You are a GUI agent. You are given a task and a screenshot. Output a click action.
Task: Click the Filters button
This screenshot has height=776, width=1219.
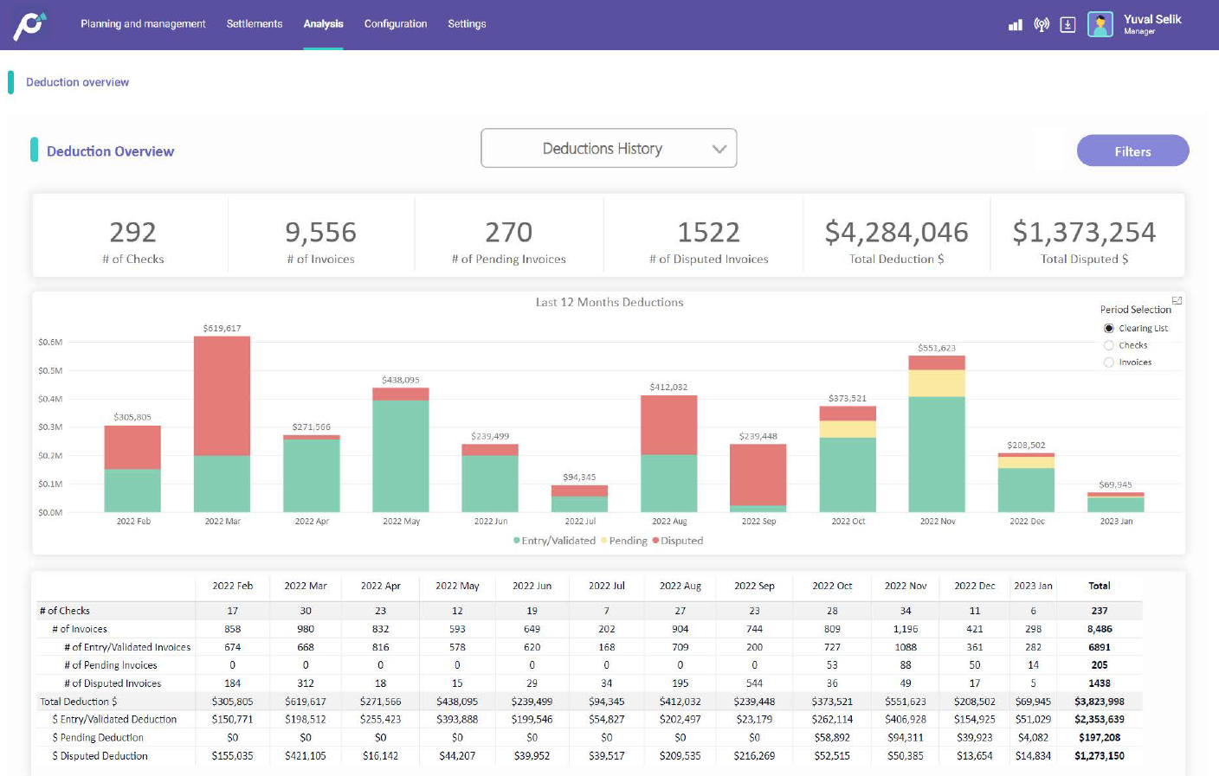click(1132, 151)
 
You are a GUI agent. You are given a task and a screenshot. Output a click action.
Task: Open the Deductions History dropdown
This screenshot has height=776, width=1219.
click(609, 149)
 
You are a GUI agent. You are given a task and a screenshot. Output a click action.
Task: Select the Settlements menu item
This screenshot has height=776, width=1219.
click(255, 24)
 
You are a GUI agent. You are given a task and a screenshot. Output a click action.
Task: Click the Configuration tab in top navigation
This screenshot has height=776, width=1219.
click(396, 24)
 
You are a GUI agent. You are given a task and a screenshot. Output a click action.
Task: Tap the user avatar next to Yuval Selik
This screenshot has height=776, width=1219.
click(1100, 24)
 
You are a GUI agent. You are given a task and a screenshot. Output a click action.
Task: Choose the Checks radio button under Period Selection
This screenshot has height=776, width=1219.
click(1109, 345)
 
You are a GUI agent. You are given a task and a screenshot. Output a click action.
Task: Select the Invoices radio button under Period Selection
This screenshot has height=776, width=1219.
click(1109, 362)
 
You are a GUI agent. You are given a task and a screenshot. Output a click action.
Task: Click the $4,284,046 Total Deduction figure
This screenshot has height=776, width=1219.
click(896, 233)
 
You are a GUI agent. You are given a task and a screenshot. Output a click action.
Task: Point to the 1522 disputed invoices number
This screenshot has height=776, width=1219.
click(708, 233)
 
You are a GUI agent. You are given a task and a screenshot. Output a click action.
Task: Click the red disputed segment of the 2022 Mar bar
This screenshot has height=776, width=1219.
click(222, 395)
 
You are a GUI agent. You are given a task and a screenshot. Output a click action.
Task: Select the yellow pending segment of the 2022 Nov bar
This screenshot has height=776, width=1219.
click(937, 383)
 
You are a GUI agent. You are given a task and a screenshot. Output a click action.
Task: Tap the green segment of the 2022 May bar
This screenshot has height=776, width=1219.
click(401, 455)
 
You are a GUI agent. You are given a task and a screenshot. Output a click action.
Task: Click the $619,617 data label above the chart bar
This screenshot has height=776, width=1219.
click(222, 329)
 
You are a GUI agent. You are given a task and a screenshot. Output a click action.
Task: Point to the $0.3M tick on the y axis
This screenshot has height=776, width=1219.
click(50, 427)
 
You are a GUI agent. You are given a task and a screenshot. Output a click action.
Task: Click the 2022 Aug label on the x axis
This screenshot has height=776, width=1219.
click(669, 522)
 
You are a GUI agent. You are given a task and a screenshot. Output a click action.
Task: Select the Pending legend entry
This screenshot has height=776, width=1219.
click(627, 541)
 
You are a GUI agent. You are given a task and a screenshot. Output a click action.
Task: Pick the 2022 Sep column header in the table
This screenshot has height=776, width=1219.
click(754, 586)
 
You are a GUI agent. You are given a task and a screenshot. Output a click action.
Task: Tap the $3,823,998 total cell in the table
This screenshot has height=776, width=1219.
click(1099, 702)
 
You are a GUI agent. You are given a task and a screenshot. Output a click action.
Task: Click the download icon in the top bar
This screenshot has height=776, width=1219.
click(1067, 25)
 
